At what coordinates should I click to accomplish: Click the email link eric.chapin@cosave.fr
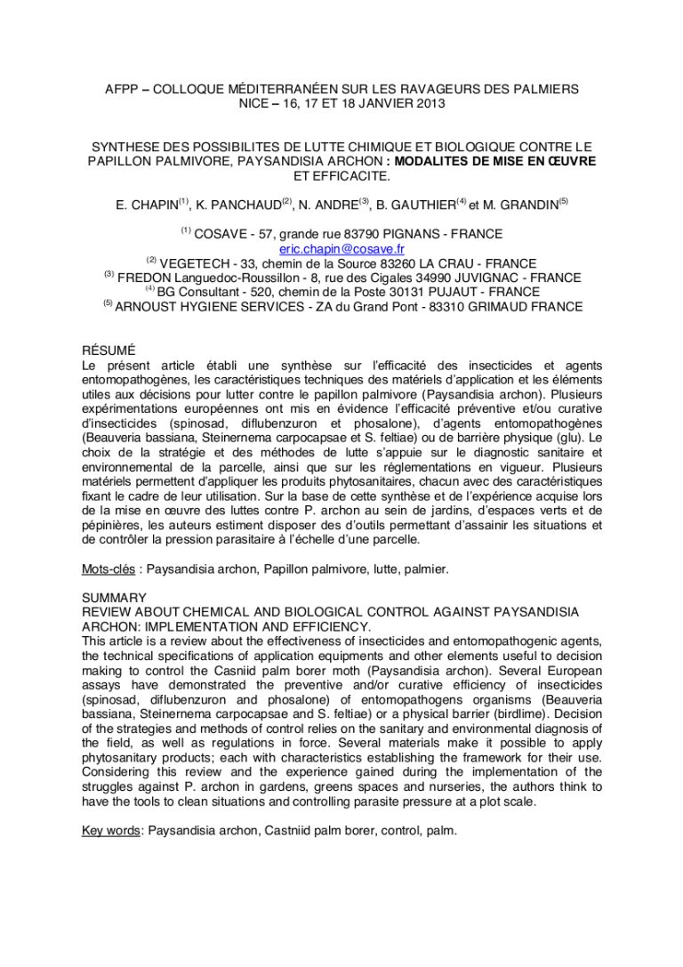[341, 249]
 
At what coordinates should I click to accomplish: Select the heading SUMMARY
[113, 598]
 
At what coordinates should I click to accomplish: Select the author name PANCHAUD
[245, 205]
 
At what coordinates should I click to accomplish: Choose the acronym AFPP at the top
[122, 89]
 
